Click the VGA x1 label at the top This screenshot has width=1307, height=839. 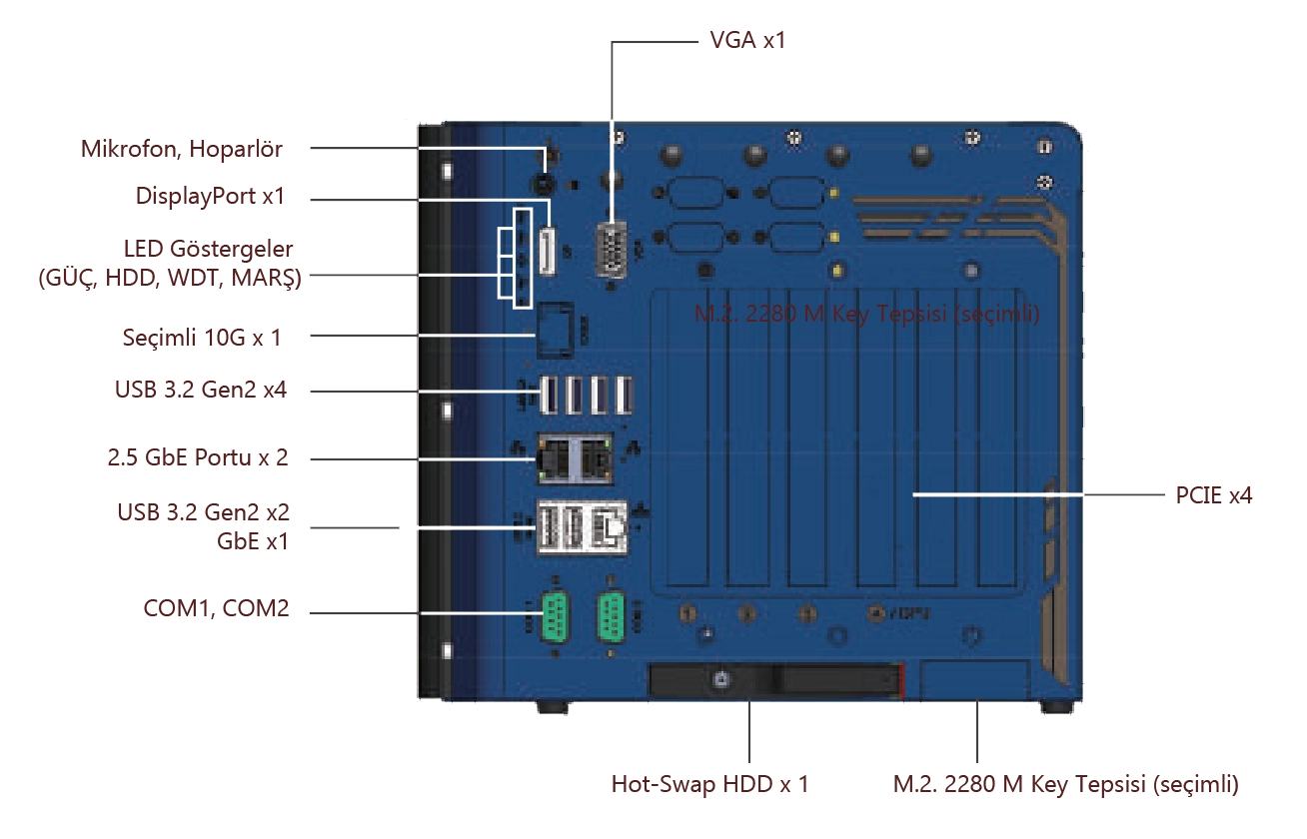(x=744, y=38)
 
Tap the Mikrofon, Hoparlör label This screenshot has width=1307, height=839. (x=184, y=149)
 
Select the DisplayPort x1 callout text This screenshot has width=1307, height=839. (x=211, y=198)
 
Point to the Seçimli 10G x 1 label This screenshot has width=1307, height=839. (x=199, y=338)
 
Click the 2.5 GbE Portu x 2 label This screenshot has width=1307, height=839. (x=196, y=459)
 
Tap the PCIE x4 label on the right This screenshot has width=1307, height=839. (x=1214, y=493)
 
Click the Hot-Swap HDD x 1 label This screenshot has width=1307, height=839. (x=706, y=786)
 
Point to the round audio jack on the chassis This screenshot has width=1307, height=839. (x=544, y=185)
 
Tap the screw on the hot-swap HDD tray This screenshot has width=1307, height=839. (x=721, y=680)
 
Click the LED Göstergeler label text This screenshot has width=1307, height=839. (x=169, y=263)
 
